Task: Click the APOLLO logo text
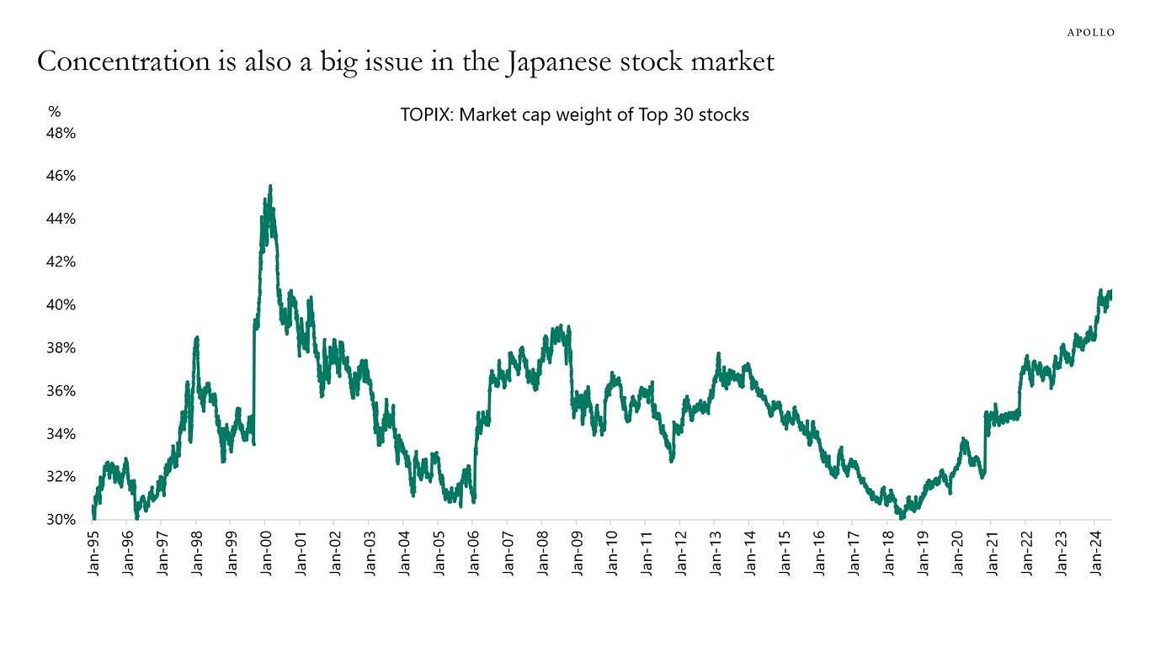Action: click(x=1091, y=32)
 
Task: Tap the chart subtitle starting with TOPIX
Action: click(x=574, y=115)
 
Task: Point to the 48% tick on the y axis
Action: click(x=61, y=133)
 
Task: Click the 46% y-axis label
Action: click(x=61, y=176)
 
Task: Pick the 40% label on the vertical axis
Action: click(x=61, y=304)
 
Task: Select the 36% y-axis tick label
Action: click(x=61, y=391)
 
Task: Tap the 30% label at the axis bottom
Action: click(x=61, y=520)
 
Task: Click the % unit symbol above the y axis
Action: click(x=55, y=111)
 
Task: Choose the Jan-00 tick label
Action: click(x=265, y=552)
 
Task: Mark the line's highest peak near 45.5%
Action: click(x=269, y=186)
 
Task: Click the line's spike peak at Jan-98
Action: click(x=196, y=337)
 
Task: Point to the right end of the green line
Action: click(x=1111, y=291)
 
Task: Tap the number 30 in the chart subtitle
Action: click(x=683, y=115)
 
